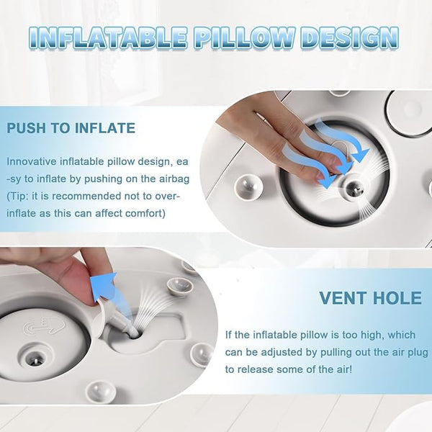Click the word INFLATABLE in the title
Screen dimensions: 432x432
point(107,37)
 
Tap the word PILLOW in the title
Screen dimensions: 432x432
point(243,37)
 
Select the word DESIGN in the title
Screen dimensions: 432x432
point(350,37)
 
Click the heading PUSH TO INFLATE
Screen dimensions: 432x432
point(71,128)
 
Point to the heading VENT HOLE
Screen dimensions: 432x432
point(371,298)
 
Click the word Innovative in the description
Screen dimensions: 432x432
point(32,161)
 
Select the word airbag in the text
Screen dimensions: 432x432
point(174,179)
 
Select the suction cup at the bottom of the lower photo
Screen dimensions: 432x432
point(100,392)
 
